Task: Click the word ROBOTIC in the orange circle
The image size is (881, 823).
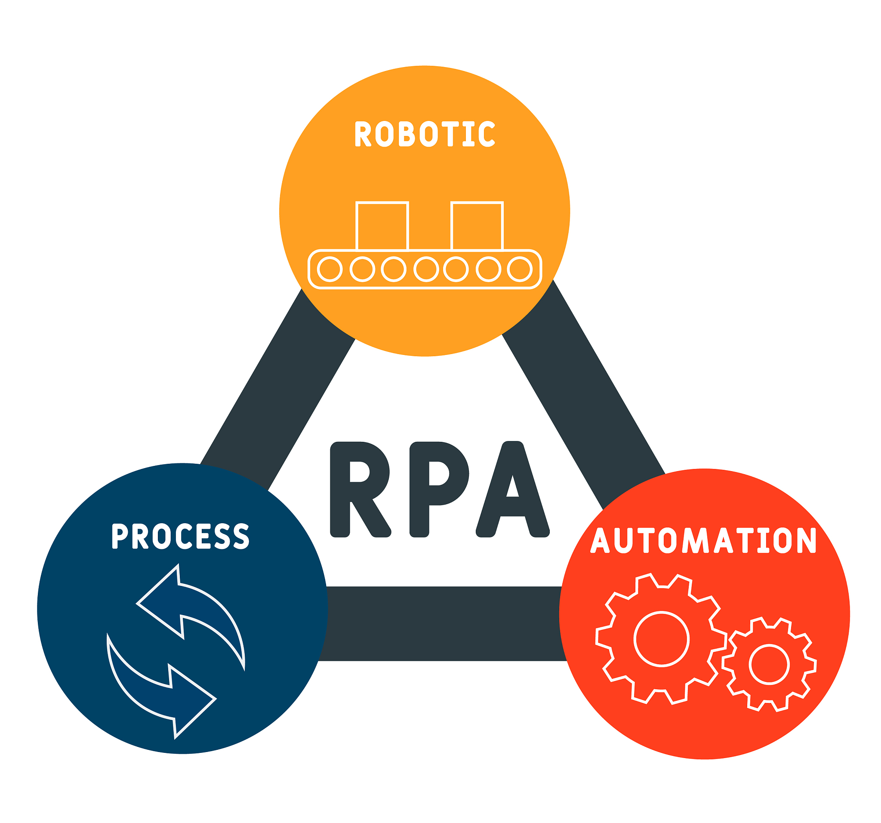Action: click(425, 133)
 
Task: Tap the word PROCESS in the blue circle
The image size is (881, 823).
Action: click(180, 536)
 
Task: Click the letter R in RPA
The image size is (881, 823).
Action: click(359, 489)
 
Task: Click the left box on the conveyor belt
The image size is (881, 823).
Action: click(382, 226)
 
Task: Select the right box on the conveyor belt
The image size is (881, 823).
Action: click(477, 226)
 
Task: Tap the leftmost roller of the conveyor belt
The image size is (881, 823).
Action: click(330, 269)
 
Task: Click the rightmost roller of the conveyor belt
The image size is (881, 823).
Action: click(519, 269)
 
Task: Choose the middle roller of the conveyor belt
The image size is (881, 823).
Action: click(426, 269)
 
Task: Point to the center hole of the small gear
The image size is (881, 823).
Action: click(769, 664)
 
